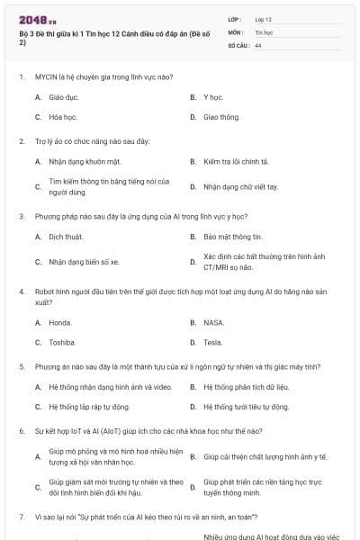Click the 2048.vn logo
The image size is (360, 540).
pos(32,19)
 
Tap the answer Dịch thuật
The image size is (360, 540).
pos(66,237)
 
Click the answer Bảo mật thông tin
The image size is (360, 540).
pos(232,237)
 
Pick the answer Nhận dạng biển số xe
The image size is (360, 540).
pos(84,262)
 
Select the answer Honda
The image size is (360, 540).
pos(60,322)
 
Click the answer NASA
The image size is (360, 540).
pos(213,322)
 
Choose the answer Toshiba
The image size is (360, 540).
pos(62,342)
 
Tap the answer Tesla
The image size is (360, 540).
pos(212,342)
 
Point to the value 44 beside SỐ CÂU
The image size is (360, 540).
pos(258,44)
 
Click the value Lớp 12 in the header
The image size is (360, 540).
pos(263,19)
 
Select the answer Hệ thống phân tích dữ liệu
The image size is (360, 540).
pos(245,387)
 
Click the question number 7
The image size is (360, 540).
pos(21,517)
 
